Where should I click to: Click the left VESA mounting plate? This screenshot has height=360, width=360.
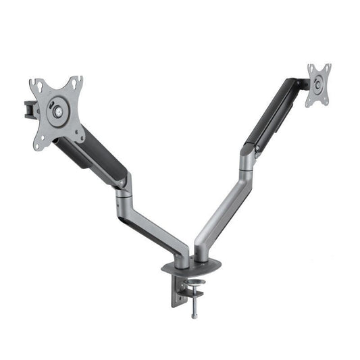[57, 111]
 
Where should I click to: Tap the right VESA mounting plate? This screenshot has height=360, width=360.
[319, 85]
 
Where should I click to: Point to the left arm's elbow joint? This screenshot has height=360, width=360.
[124, 186]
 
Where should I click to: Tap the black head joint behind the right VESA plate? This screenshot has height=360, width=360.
[298, 84]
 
